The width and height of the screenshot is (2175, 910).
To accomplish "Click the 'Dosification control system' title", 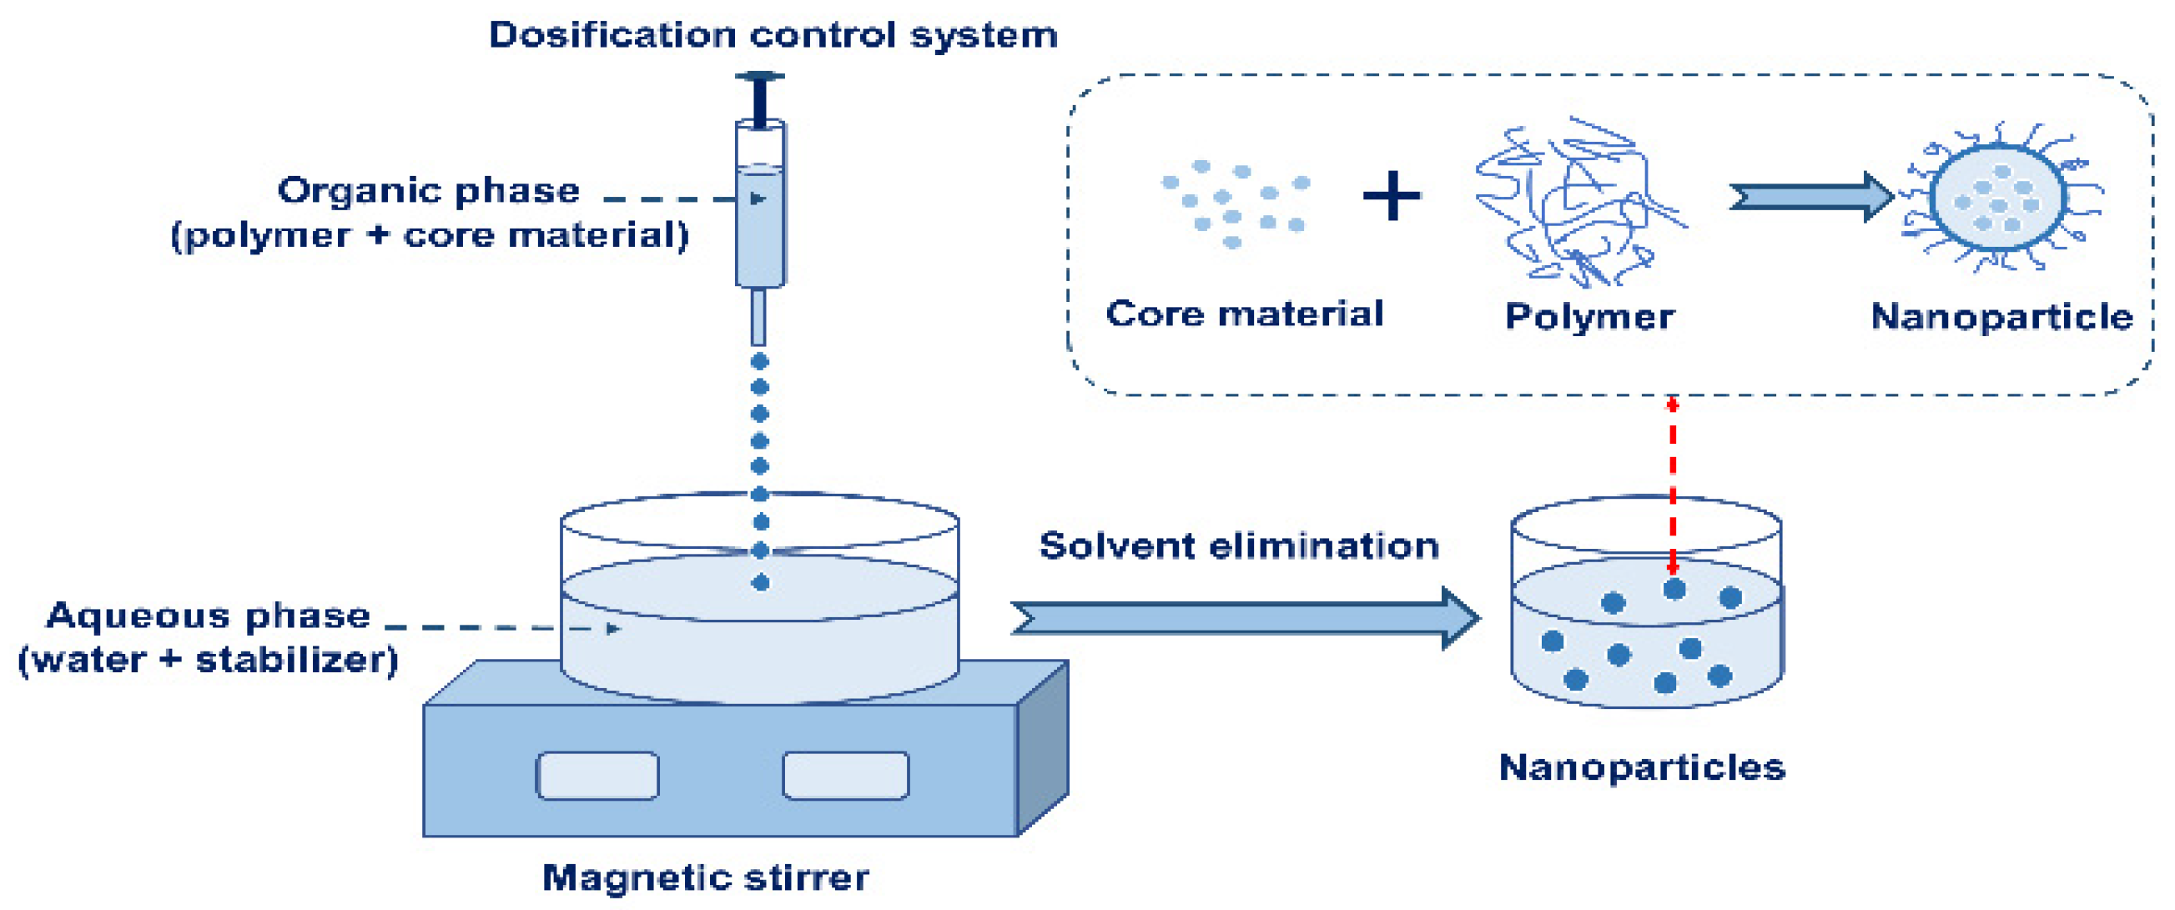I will [773, 36].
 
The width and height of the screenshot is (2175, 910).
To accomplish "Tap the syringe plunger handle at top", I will [760, 78].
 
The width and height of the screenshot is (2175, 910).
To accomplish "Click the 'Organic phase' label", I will [429, 191].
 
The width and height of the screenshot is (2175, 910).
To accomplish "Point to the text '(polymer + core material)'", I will [430, 235].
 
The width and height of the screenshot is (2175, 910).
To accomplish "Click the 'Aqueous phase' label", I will [208, 616].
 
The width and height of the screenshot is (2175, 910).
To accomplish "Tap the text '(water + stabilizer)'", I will [208, 660].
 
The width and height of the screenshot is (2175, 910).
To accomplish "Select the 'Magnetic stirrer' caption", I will [705, 878].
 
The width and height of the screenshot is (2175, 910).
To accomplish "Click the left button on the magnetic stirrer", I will [598, 775].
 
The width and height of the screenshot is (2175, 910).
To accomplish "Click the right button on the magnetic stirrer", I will [845, 775].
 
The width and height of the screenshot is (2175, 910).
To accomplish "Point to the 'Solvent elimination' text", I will [1239, 546].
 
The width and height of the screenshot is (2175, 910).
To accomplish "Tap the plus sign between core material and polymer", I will [1392, 196].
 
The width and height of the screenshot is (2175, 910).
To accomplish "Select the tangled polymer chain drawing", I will [1574, 203].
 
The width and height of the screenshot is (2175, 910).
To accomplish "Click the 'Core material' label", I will [1245, 314].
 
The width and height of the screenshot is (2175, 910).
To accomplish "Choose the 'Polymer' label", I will [1589, 317].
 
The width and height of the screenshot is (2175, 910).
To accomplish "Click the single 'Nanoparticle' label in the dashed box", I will [2001, 317].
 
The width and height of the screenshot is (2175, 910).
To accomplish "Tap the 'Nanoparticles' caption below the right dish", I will [1641, 767].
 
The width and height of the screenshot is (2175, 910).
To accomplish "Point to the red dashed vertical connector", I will [1672, 485].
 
